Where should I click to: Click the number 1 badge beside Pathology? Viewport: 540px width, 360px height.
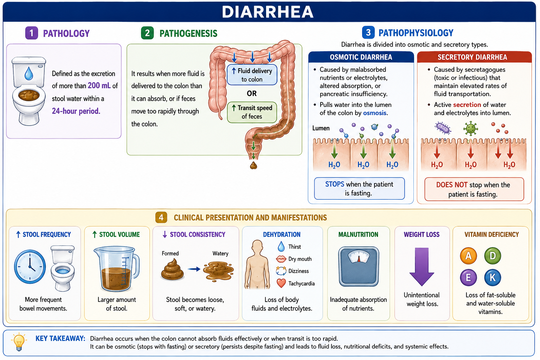coord(32,33)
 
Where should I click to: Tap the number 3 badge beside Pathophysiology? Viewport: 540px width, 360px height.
coord(368,32)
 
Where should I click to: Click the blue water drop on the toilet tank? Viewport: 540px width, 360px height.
coord(29,73)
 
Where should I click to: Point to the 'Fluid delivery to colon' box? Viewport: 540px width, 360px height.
coord(252,75)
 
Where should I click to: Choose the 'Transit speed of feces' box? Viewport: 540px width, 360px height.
coord(252,112)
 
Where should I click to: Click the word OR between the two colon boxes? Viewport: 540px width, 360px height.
coord(252,93)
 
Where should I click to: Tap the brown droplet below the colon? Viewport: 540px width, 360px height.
coord(253,166)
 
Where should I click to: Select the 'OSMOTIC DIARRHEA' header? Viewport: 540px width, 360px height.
coord(361,57)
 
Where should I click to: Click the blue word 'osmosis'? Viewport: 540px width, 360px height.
coord(375,113)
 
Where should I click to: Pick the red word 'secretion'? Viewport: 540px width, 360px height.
coord(467,105)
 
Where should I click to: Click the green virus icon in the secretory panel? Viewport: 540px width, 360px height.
coord(470,129)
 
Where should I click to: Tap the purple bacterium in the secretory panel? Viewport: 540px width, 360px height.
coord(443,128)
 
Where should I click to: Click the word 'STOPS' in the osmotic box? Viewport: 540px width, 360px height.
coord(335,184)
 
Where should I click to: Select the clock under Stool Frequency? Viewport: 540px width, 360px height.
coord(30,267)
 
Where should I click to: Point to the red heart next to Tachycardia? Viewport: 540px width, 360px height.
coord(281,283)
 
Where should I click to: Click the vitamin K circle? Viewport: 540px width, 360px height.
coord(493,277)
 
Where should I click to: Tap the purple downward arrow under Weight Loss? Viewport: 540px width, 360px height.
coord(422,267)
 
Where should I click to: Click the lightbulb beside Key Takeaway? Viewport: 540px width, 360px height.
coord(19,342)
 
